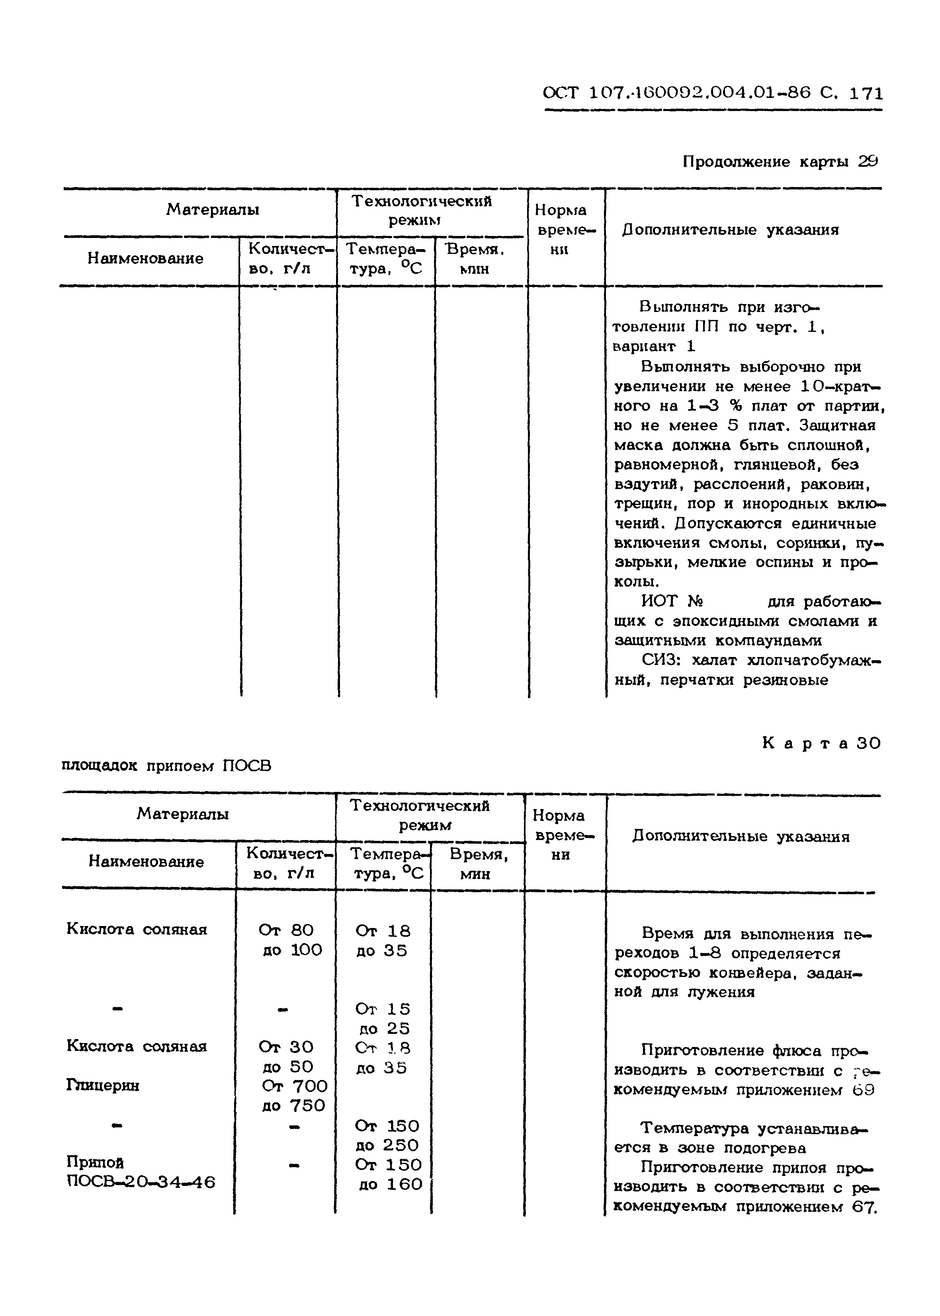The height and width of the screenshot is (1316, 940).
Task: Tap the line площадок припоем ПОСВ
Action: pos(166,766)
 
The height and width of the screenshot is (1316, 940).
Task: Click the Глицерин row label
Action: pos(102,1086)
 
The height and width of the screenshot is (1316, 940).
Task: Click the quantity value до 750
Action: pos(293,1105)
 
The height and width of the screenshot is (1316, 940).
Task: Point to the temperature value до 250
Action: pos(387,1145)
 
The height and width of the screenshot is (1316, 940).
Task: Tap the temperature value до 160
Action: pos(391,1184)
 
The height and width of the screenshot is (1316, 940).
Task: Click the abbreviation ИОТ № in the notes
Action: pos(671,602)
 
